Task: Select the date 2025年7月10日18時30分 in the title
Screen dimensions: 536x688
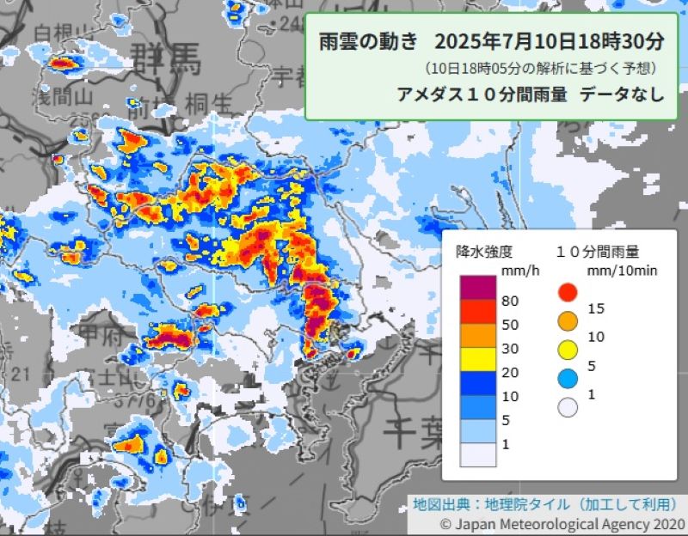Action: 550,41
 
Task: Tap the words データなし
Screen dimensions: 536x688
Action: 622,94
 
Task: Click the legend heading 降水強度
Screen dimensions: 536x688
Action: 484,252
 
